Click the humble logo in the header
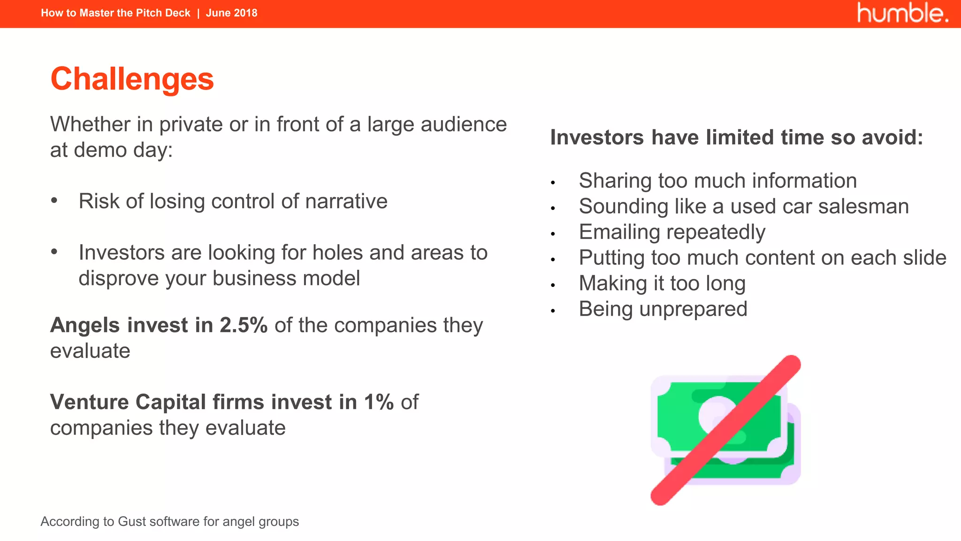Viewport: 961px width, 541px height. [902, 13]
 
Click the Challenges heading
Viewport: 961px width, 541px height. [132, 79]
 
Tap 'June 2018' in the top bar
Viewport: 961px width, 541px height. [231, 13]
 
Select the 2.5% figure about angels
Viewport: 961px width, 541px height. [244, 325]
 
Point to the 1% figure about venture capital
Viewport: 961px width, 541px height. [379, 402]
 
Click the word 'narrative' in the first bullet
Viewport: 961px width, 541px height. [346, 201]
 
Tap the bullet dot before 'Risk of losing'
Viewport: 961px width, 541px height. [54, 201]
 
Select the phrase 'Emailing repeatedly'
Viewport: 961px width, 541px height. [671, 232]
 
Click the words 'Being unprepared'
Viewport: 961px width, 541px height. [663, 309]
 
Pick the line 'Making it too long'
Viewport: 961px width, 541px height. [662, 284]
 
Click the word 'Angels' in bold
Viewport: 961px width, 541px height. [85, 325]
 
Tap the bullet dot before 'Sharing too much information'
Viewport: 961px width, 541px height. [553, 182]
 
